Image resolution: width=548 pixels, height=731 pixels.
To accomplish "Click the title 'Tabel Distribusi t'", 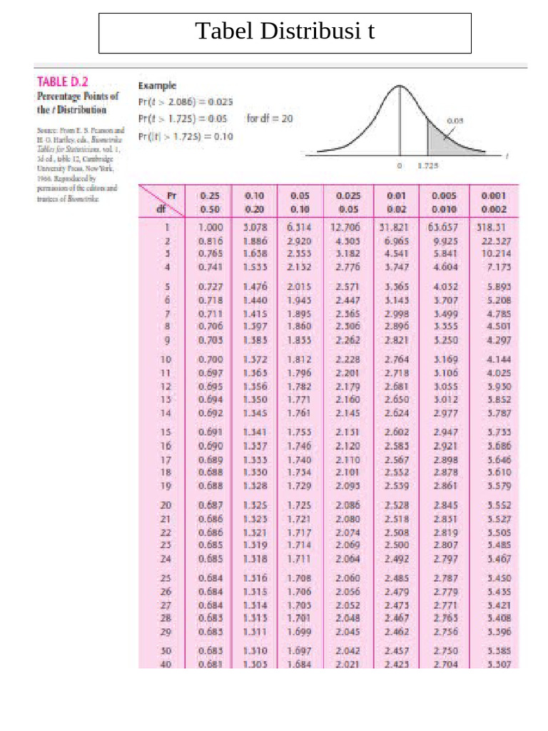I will tap(285, 32).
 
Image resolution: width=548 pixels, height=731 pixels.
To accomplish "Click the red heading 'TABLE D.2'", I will tap(63, 82).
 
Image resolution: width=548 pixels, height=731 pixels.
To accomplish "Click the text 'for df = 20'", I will tap(269, 119).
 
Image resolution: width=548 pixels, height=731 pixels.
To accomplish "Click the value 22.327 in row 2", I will tap(493, 242).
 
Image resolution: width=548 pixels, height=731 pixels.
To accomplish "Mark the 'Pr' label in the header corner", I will tap(171, 194).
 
